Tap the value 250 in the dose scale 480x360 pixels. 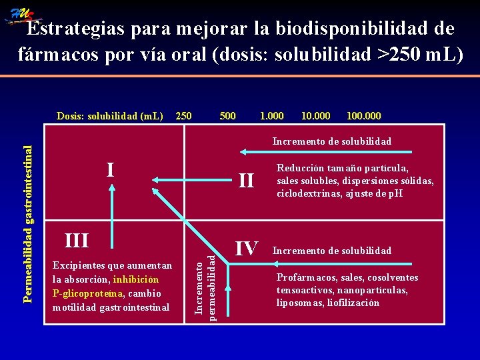tap(183, 116)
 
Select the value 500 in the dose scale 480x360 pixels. tap(227, 116)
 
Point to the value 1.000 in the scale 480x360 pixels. tap(271, 116)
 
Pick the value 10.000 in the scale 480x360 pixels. tap(315, 116)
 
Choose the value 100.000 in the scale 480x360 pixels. tap(364, 116)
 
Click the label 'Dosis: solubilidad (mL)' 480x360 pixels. tap(109, 116)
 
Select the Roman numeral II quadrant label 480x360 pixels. tap(246, 180)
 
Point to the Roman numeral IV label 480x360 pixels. tap(246, 249)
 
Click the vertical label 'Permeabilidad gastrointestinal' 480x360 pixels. tap(27, 216)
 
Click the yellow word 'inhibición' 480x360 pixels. tap(136, 279)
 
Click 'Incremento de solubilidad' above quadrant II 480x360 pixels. tap(331, 141)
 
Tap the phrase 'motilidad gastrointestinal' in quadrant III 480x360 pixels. tap(111, 307)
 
